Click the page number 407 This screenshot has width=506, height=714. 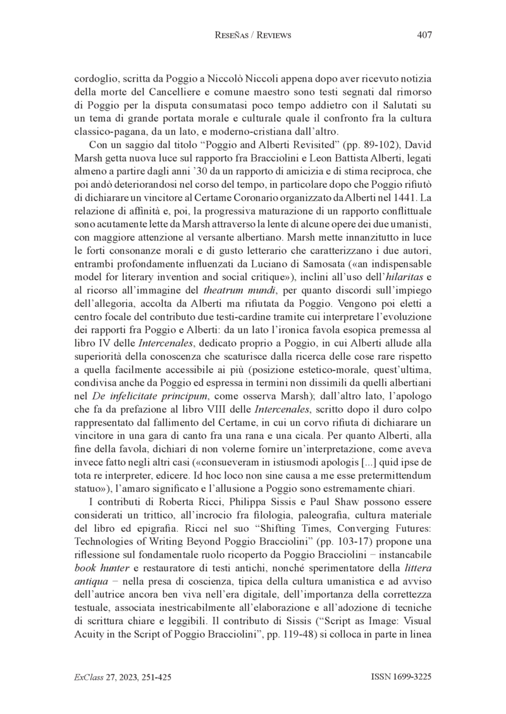pyautogui.click(x=424, y=35)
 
